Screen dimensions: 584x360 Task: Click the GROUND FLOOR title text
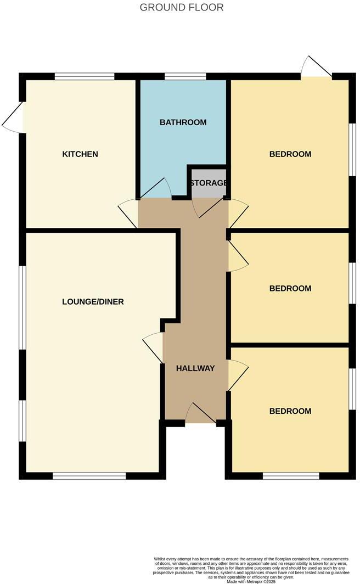click(x=182, y=8)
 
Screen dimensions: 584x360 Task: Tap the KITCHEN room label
click(x=80, y=154)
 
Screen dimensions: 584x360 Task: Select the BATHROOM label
click(x=183, y=122)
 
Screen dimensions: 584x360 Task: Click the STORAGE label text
click(x=209, y=183)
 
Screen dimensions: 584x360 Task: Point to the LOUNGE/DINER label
click(x=93, y=302)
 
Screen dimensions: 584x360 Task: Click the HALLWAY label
click(x=195, y=368)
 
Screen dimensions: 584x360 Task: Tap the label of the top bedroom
click(x=290, y=154)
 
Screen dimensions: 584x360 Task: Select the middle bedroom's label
click(x=290, y=289)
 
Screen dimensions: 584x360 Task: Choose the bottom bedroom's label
click(x=290, y=411)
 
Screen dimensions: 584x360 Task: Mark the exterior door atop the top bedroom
click(x=317, y=67)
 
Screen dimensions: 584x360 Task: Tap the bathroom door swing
click(x=157, y=189)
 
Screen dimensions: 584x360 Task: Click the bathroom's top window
click(x=185, y=76)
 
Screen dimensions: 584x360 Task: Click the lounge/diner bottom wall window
click(x=89, y=476)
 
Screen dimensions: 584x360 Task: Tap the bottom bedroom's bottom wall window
click(x=291, y=476)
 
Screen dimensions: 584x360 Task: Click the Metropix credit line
click(x=251, y=581)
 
